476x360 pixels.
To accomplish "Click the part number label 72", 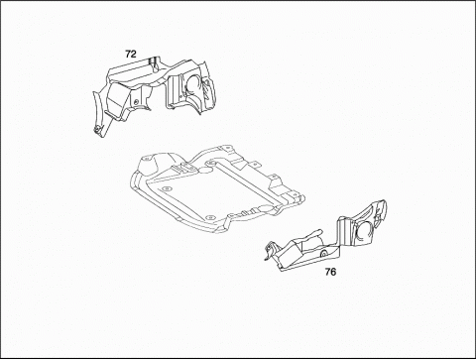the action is (131, 54).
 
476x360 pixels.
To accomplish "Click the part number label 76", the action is (330, 272).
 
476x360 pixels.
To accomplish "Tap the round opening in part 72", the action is (192, 85).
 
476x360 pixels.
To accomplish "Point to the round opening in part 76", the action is (363, 231).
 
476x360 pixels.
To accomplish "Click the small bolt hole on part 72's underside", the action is (136, 101).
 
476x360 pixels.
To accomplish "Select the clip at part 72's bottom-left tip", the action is (97, 129).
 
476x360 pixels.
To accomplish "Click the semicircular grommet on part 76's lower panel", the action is (324, 253).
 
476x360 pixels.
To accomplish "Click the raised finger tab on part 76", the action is (309, 235).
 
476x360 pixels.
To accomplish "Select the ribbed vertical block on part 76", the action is (344, 230).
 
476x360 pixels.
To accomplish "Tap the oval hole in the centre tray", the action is (205, 170).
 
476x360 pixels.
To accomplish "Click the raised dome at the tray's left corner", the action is (146, 163).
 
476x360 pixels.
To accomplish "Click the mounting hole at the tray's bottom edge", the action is (209, 217).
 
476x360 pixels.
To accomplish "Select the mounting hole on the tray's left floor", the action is (166, 189).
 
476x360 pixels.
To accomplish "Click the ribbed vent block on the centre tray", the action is (184, 168).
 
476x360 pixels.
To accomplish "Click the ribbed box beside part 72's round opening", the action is (175, 90).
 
